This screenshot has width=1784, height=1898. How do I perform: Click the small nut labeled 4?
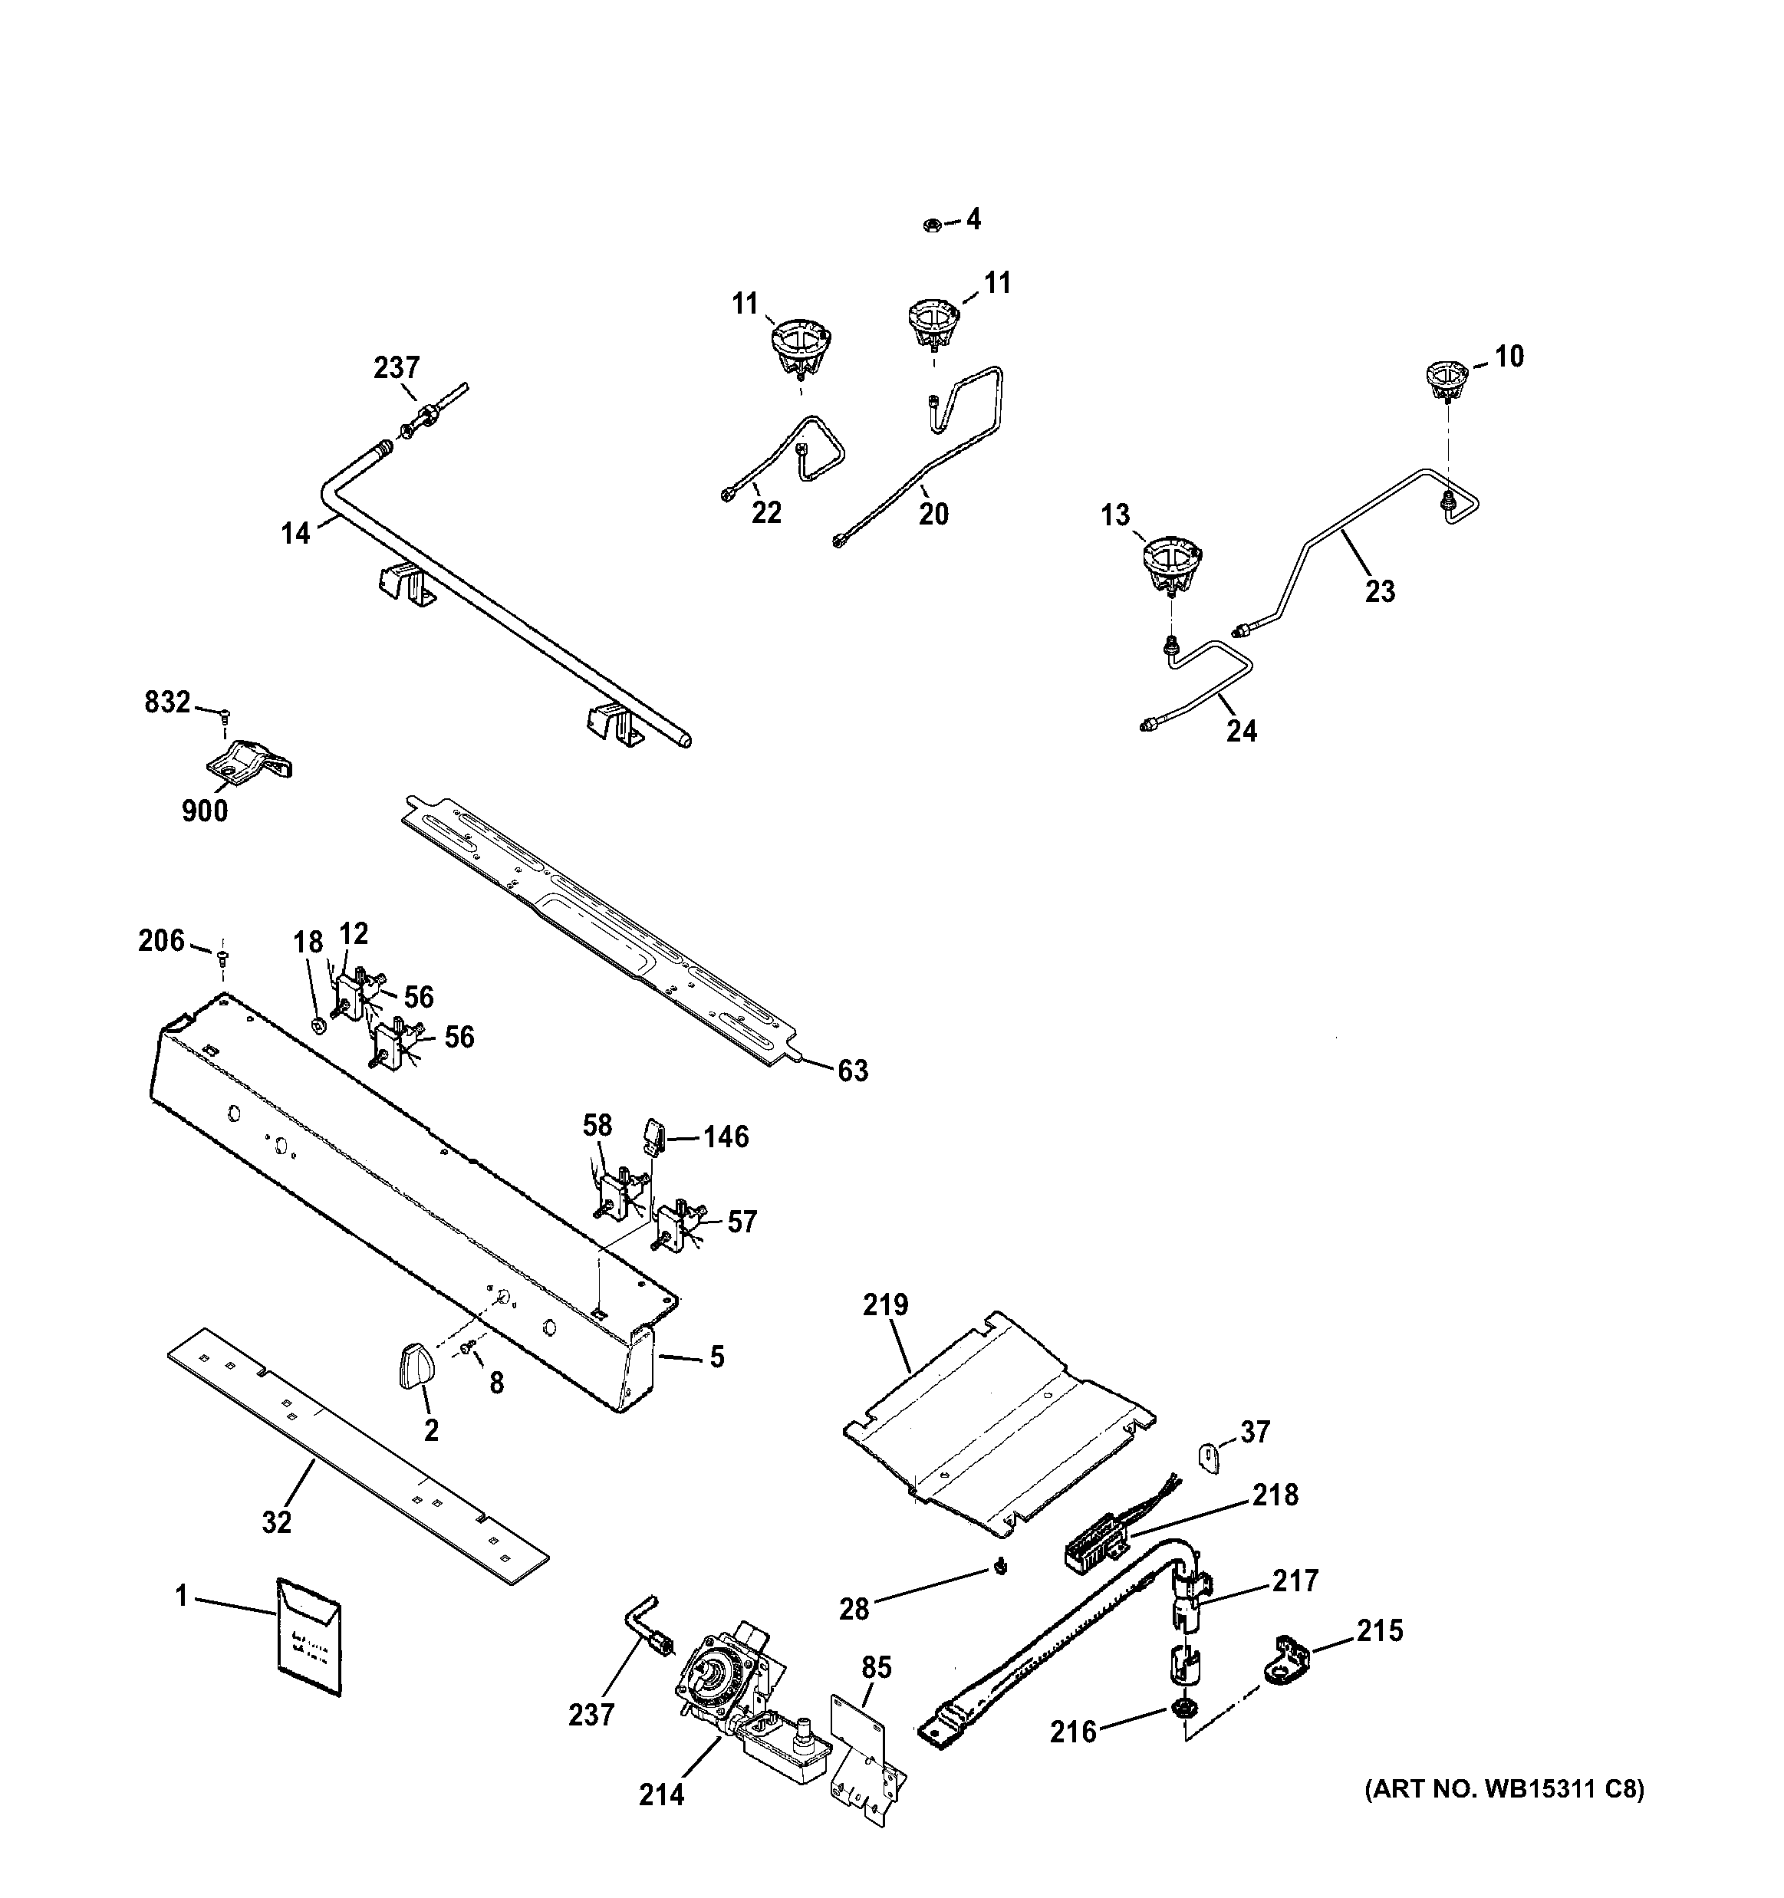pos(931,225)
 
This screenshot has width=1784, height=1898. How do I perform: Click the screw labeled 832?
pos(225,712)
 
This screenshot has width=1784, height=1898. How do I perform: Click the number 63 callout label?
pos(853,1071)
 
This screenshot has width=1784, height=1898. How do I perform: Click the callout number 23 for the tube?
pos(1379,592)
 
